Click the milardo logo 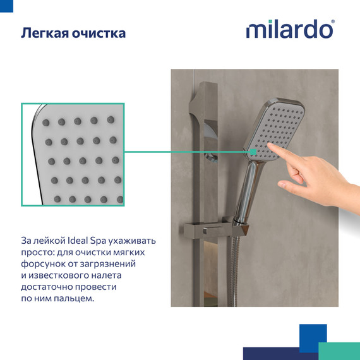pyautogui.click(x=289, y=30)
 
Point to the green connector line pyautogui.click(x=189, y=152)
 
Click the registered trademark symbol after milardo pyautogui.click(x=333, y=22)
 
